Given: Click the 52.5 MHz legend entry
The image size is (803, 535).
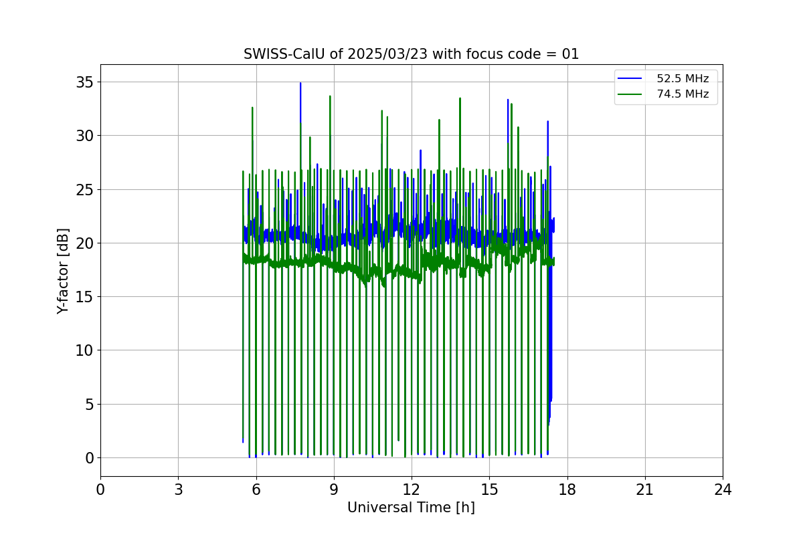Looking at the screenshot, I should [682, 79].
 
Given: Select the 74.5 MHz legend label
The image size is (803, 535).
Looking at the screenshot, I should [682, 94].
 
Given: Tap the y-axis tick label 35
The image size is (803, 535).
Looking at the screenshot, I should [84, 82].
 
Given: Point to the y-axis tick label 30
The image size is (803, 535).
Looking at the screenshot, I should [84, 136].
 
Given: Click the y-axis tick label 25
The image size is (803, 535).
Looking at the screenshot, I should [84, 189].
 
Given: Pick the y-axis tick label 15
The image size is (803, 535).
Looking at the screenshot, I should [84, 297].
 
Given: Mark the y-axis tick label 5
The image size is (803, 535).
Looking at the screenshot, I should [88, 404].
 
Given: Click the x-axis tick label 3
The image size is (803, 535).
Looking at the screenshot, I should [178, 490].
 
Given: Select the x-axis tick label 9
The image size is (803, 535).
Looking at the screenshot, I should [334, 490].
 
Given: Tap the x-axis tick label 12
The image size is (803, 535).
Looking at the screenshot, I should [412, 490].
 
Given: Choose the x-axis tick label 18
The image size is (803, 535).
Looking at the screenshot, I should [567, 490].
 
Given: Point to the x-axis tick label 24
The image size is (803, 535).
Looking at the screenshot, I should [723, 490].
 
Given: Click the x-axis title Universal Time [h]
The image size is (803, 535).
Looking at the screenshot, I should [411, 508].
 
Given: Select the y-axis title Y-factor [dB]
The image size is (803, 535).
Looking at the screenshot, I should [63, 271].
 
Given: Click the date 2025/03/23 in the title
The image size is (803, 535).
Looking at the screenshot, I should [388, 54].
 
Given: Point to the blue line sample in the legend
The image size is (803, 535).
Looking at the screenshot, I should [630, 79].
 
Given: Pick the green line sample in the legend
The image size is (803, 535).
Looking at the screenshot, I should [630, 94].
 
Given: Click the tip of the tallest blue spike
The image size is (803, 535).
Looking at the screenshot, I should [300, 83].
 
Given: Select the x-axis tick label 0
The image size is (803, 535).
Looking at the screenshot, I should [100, 490].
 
